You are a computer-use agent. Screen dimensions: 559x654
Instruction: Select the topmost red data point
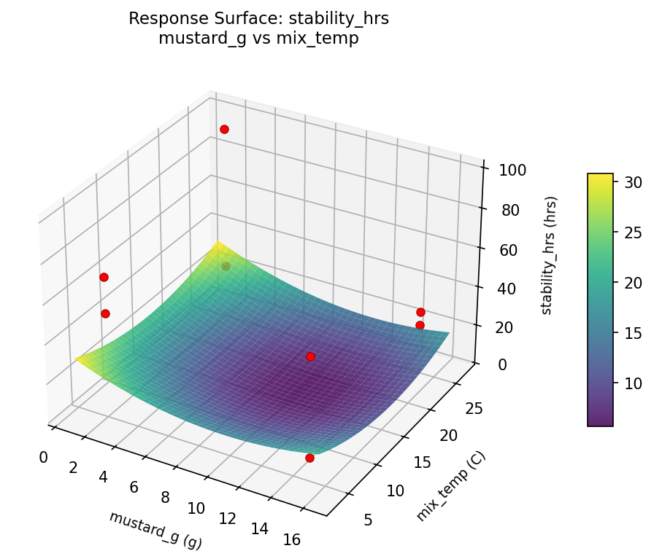pyautogui.click(x=224, y=129)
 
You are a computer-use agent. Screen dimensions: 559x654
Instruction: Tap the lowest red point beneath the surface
pyautogui.click(x=309, y=458)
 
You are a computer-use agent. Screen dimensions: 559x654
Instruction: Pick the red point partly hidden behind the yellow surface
pyautogui.click(x=226, y=266)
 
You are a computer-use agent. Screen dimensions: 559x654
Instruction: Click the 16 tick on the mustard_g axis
pyautogui.click(x=291, y=539)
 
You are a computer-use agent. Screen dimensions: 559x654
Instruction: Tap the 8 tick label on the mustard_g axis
pyautogui.click(x=166, y=498)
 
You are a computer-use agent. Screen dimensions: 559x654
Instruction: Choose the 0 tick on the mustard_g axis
pyautogui.click(x=43, y=457)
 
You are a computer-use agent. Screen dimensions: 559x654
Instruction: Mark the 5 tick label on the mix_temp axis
pyautogui.click(x=369, y=519)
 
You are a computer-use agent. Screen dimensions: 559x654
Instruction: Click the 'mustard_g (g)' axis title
pyautogui.click(x=155, y=530)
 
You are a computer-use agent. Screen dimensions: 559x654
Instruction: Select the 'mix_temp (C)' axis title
pyautogui.click(x=450, y=486)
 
